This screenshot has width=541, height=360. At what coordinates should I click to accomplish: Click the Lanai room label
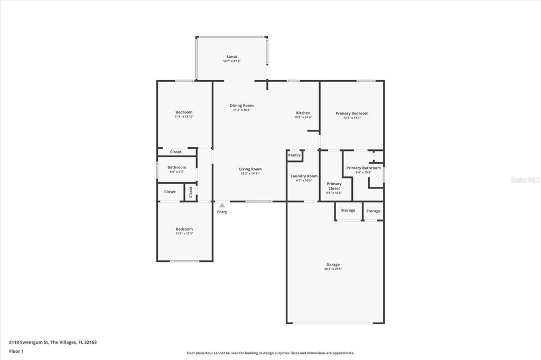[x=231, y=56]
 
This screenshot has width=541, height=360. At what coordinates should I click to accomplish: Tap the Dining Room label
[x=241, y=106]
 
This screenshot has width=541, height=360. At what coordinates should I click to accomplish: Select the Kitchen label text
[x=303, y=113]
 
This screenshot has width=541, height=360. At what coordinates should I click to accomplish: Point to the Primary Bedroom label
[x=352, y=113]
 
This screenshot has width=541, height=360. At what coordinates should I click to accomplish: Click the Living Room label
[x=250, y=169]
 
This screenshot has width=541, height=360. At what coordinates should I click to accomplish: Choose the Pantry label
[x=294, y=155]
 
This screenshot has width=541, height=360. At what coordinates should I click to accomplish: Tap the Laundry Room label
[x=304, y=176]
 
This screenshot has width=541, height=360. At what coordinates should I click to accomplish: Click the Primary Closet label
[x=334, y=186]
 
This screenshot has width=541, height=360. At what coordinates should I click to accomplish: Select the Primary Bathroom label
[x=363, y=168]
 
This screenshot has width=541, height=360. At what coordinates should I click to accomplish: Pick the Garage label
[x=333, y=264]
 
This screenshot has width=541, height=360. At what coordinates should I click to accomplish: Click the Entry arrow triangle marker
[x=222, y=205]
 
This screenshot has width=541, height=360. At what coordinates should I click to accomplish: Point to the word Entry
[x=222, y=212]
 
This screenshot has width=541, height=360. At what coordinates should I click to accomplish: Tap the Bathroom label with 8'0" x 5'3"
[x=176, y=167]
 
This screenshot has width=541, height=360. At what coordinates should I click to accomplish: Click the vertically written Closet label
[x=191, y=192]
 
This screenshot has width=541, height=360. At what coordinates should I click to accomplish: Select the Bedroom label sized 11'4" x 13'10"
[x=184, y=112]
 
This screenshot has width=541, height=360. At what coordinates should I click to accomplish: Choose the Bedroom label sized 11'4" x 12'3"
[x=184, y=229]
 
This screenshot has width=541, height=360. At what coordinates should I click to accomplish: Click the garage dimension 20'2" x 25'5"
[x=333, y=269]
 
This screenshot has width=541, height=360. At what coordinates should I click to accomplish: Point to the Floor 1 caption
[x=16, y=351]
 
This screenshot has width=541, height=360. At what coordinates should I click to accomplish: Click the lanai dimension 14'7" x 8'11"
[x=231, y=61]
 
